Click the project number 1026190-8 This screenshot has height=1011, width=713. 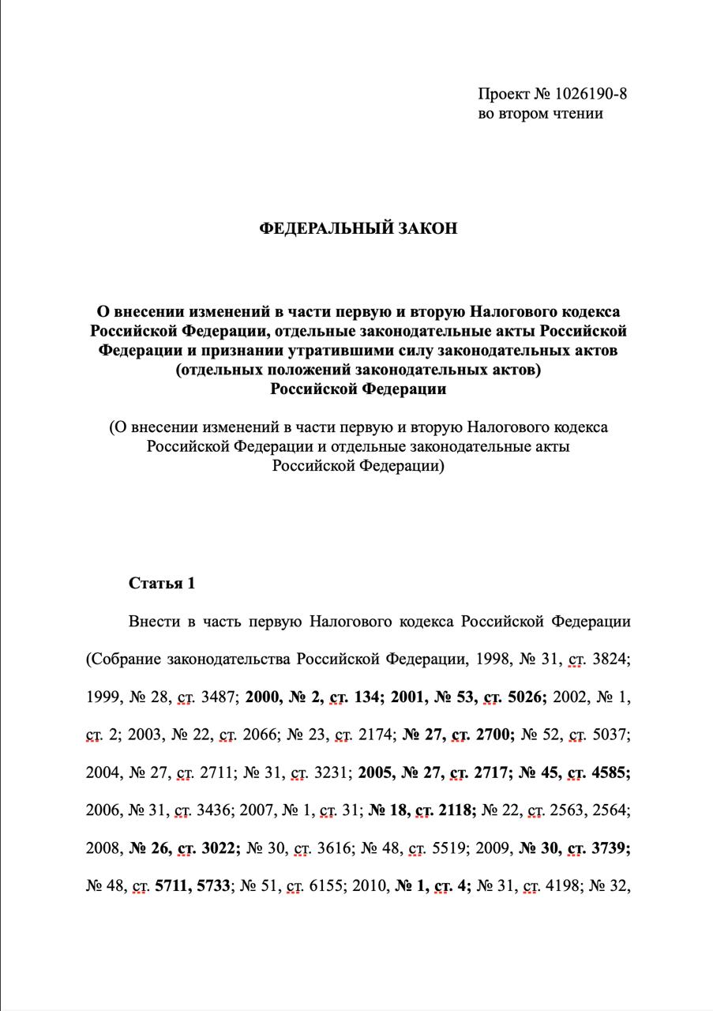point(584,94)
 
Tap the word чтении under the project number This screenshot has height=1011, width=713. point(575,114)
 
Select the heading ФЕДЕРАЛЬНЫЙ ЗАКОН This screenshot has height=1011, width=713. point(358,229)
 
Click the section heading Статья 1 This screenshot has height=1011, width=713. point(161,584)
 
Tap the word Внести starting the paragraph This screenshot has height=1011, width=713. point(154,622)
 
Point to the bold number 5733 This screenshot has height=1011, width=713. point(211,887)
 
